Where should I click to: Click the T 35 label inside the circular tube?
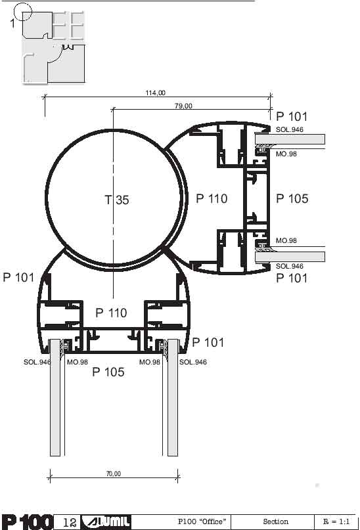(x=117, y=200)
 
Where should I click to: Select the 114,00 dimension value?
(x=156, y=93)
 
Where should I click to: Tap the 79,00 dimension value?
(x=183, y=106)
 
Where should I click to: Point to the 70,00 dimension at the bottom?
(x=113, y=474)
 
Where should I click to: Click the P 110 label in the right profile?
(x=212, y=198)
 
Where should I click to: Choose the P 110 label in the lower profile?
(x=111, y=313)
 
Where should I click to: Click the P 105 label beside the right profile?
(x=292, y=198)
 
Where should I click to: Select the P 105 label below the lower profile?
(x=108, y=372)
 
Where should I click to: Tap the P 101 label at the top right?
(x=292, y=117)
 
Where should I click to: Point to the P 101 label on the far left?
(x=18, y=278)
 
